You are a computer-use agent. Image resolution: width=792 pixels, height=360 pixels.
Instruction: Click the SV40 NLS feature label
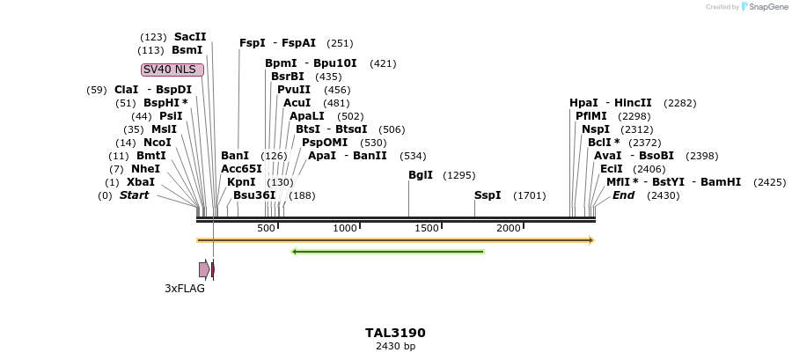tap(172, 70)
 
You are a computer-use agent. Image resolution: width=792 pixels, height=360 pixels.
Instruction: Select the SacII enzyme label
tap(190, 37)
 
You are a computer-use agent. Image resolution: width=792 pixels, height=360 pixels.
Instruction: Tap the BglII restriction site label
tap(421, 175)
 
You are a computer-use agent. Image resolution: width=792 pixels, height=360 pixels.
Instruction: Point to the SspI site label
tap(488, 195)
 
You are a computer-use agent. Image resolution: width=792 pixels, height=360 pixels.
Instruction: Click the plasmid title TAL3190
tap(395, 333)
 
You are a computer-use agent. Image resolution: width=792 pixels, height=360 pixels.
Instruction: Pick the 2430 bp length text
tap(395, 347)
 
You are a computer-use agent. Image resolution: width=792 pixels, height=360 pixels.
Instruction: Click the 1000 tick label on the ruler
tap(345, 228)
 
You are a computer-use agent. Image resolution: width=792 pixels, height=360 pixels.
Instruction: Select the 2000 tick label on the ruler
tap(509, 228)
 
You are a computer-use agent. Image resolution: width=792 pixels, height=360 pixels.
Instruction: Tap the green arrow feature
tap(387, 252)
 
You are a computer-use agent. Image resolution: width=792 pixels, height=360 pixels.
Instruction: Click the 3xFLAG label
tap(185, 288)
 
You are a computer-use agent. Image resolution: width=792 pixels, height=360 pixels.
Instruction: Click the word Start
tap(135, 195)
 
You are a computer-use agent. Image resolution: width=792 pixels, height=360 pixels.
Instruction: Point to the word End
tap(623, 195)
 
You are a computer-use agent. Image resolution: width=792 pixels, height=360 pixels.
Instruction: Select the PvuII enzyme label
tap(294, 90)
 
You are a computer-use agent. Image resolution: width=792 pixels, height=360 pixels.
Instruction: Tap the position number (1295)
tap(459, 175)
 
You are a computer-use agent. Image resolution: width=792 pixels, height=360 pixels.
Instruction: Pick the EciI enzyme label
tap(612, 169)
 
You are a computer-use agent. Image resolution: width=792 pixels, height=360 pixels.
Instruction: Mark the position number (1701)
tap(529, 195)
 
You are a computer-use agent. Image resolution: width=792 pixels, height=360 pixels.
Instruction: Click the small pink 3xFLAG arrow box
tap(204, 269)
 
